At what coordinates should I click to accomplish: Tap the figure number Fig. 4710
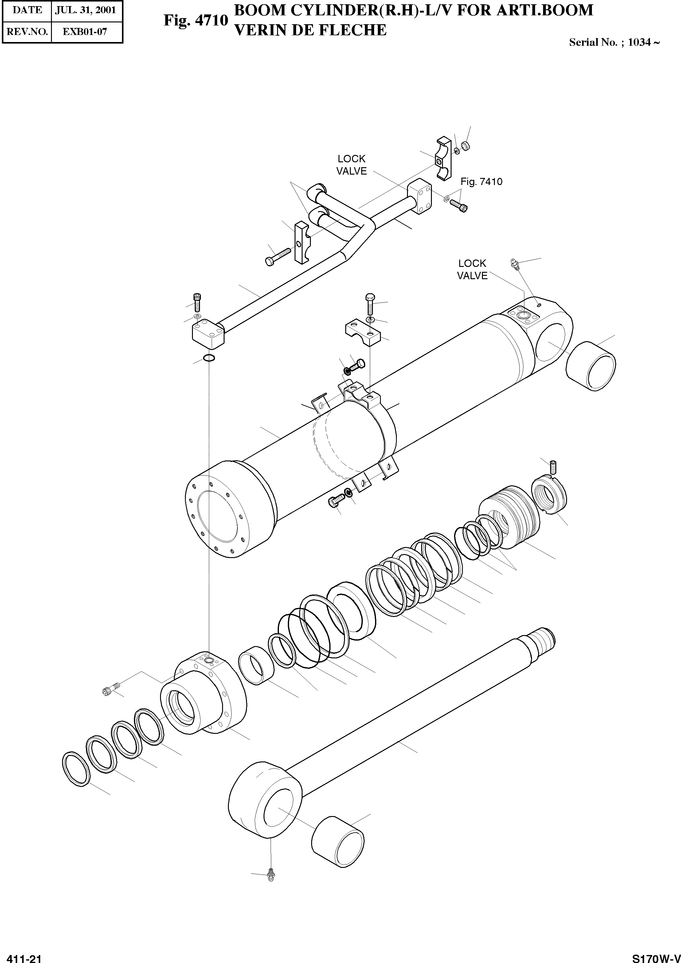pyautogui.click(x=196, y=20)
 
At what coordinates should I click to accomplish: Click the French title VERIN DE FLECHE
pyautogui.click(x=310, y=30)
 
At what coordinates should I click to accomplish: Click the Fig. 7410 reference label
pyautogui.click(x=481, y=182)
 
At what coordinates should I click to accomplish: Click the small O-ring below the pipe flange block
pyautogui.click(x=209, y=358)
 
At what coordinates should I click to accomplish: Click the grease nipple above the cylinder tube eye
pyautogui.click(x=515, y=264)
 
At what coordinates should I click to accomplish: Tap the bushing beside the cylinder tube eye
pyautogui.click(x=590, y=366)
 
